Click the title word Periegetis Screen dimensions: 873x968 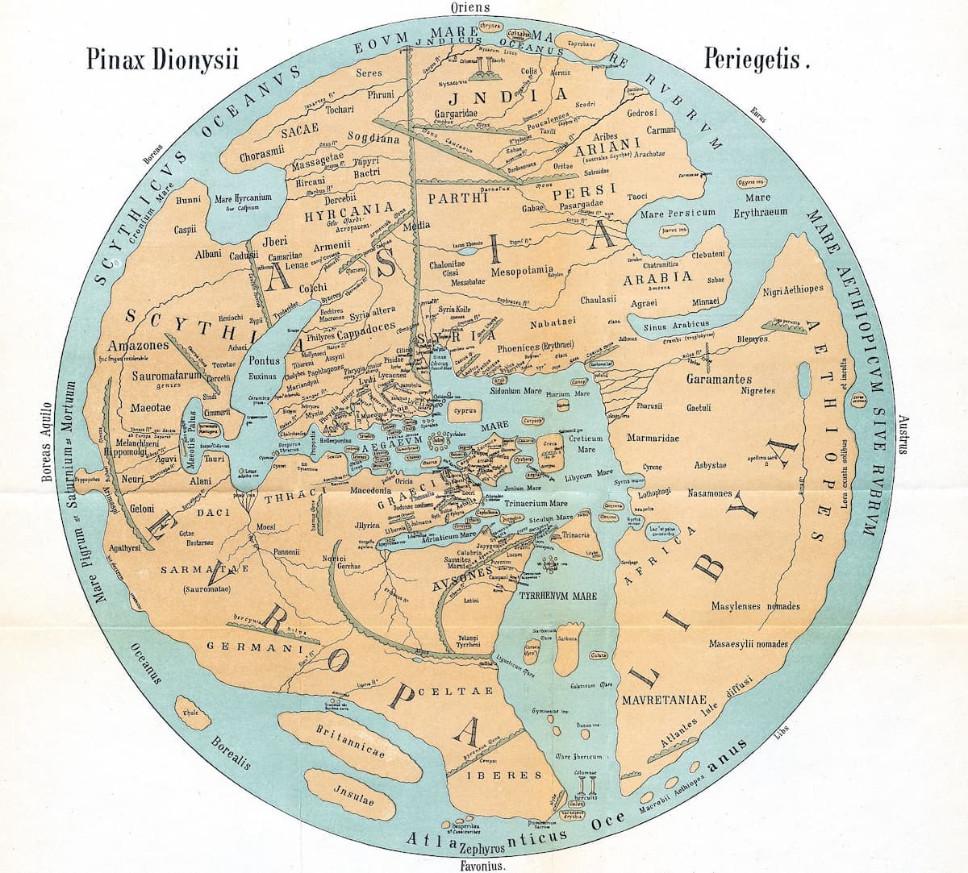point(754,60)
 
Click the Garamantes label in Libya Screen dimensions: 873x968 point(719,379)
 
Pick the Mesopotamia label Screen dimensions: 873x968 point(523,268)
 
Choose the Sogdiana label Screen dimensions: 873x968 point(373,139)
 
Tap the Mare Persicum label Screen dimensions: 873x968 point(678,214)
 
